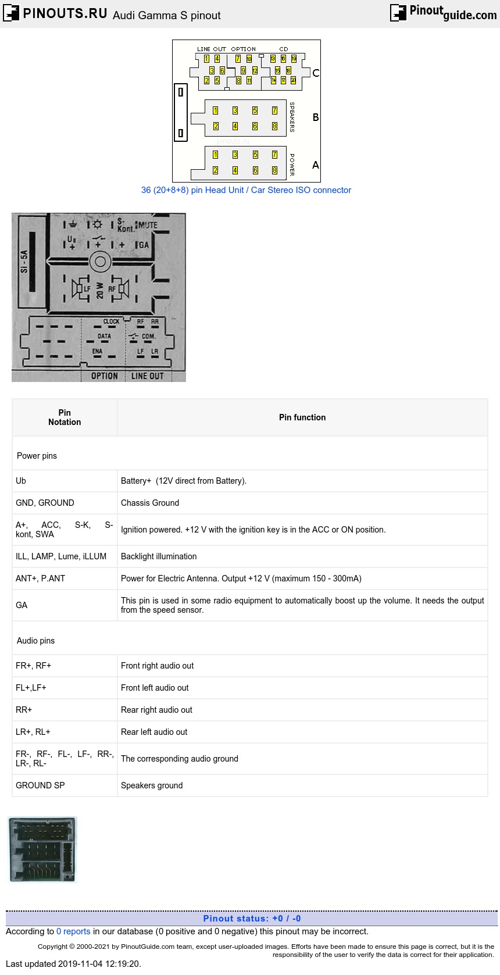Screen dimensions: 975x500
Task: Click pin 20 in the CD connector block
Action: (x=293, y=80)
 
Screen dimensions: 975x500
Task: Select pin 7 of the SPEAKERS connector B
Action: (x=274, y=110)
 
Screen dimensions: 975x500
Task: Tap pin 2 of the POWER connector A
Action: (x=215, y=170)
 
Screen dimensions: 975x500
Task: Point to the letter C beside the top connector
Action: (x=316, y=73)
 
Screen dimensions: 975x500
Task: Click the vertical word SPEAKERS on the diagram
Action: (x=292, y=117)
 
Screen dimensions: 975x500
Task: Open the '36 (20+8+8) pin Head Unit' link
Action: (x=246, y=190)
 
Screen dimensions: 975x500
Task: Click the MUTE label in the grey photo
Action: (x=147, y=225)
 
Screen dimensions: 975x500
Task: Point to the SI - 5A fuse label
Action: (x=24, y=261)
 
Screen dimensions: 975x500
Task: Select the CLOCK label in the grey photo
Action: (x=111, y=322)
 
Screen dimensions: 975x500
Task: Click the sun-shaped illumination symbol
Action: (x=97, y=224)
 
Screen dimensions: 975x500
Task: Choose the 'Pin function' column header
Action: (x=302, y=417)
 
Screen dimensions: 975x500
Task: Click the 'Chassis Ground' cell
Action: (x=150, y=503)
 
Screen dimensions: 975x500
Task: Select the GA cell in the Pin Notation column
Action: (x=22, y=605)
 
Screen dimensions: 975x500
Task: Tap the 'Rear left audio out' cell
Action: (x=154, y=732)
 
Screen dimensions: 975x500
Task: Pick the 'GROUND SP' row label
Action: (x=40, y=785)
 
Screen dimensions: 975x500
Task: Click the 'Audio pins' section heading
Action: (x=35, y=641)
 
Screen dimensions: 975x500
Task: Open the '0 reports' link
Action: (x=73, y=931)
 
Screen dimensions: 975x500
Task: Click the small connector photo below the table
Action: (x=42, y=849)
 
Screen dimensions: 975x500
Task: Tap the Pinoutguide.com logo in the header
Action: (x=444, y=12)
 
